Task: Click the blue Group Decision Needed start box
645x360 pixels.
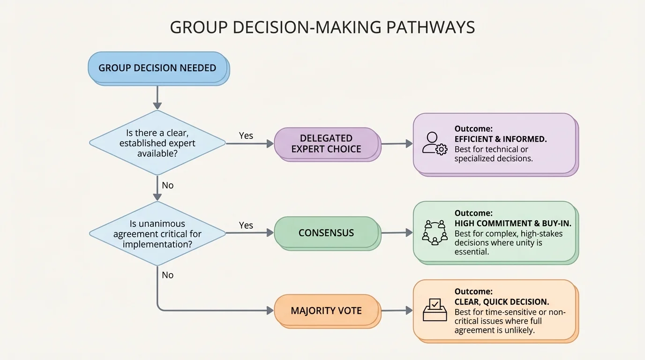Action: tap(157, 67)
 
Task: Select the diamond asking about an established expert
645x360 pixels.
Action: tap(157, 143)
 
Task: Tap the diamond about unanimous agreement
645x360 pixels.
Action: tap(157, 233)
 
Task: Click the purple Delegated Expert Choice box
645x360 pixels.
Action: tap(326, 143)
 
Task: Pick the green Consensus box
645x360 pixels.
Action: tap(326, 233)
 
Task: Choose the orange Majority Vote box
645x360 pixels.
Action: tap(326, 311)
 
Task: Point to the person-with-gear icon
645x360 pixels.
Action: tap(434, 143)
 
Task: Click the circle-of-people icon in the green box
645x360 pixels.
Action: tap(435, 232)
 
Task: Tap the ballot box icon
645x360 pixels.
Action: tap(435, 310)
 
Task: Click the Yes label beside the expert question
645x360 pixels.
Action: tap(246, 135)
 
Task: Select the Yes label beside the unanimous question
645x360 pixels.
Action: tap(246, 225)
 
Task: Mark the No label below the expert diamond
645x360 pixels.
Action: tap(167, 185)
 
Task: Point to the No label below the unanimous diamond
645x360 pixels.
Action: tap(167, 275)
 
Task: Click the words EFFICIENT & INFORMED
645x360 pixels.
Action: tap(501, 139)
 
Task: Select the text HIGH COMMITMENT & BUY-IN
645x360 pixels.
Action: tap(513, 224)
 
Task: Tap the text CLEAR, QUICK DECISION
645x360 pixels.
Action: tap(502, 302)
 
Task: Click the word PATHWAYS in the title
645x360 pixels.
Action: tap(430, 28)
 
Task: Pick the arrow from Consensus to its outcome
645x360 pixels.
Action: tap(397, 232)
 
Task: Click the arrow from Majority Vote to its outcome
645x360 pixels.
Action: tap(397, 310)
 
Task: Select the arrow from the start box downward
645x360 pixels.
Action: tap(157, 98)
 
